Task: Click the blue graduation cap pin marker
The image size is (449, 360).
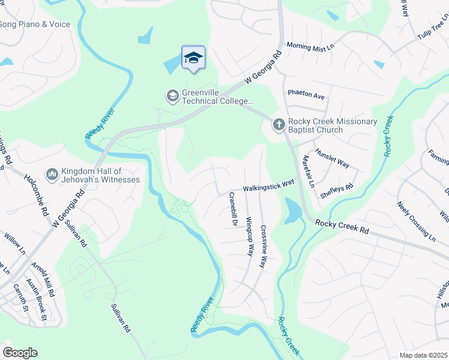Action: click(x=193, y=58)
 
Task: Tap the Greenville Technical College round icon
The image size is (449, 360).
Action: click(x=172, y=96)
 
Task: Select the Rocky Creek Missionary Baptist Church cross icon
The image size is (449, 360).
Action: click(x=279, y=125)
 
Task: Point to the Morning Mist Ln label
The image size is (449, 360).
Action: click(x=310, y=46)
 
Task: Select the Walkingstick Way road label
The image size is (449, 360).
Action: click(x=268, y=185)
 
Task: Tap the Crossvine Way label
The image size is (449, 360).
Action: click(x=263, y=246)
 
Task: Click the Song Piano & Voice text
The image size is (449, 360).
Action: click(x=35, y=25)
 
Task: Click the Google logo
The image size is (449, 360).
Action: click(x=20, y=353)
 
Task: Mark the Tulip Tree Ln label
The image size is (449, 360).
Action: click(x=433, y=30)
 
